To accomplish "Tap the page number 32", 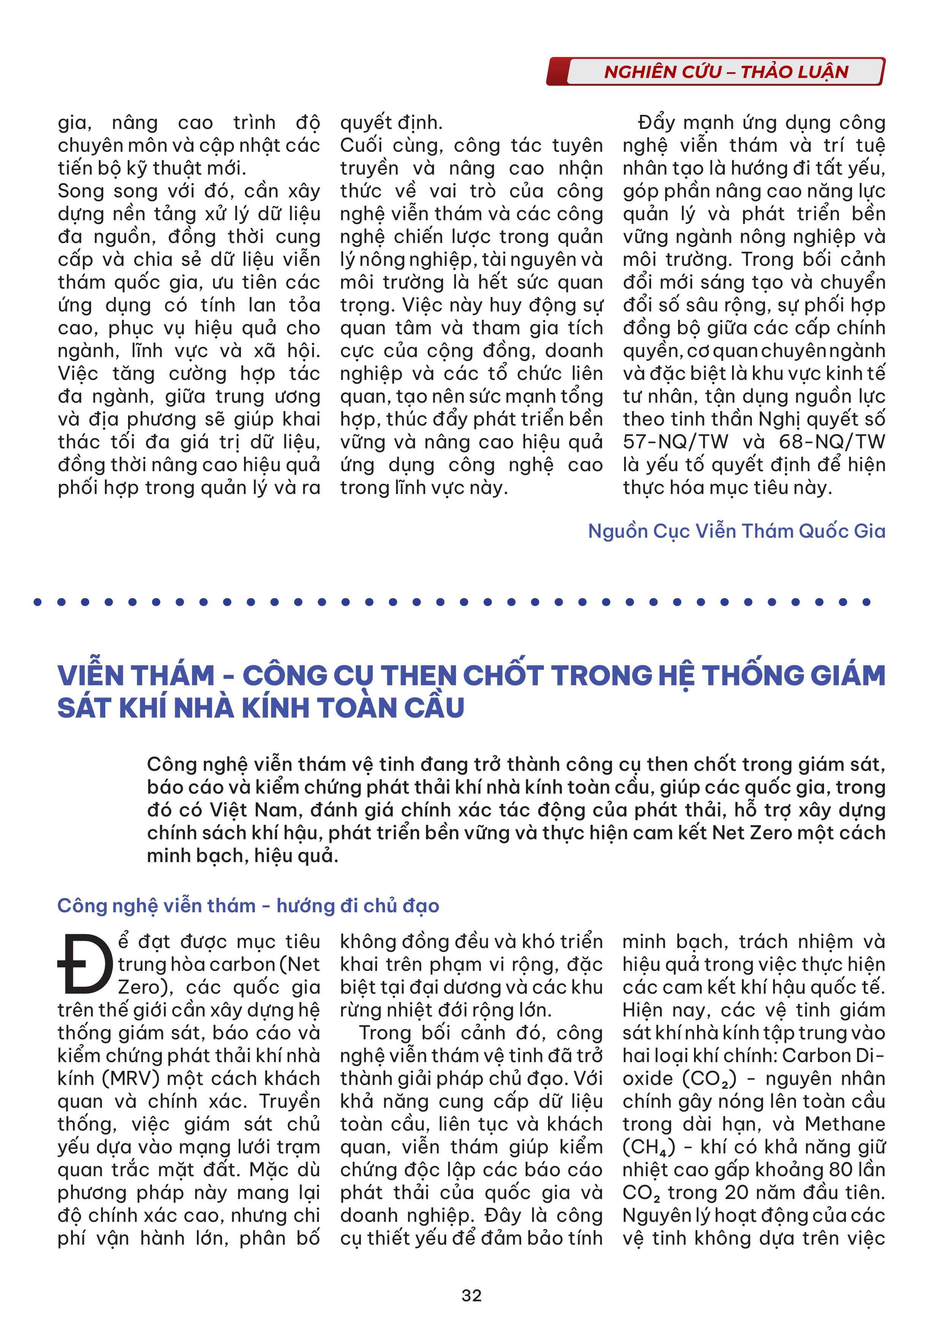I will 471,1296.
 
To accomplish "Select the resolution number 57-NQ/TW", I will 675,441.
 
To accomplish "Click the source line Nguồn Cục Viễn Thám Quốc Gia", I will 736,531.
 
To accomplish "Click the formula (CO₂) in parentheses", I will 709,1079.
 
